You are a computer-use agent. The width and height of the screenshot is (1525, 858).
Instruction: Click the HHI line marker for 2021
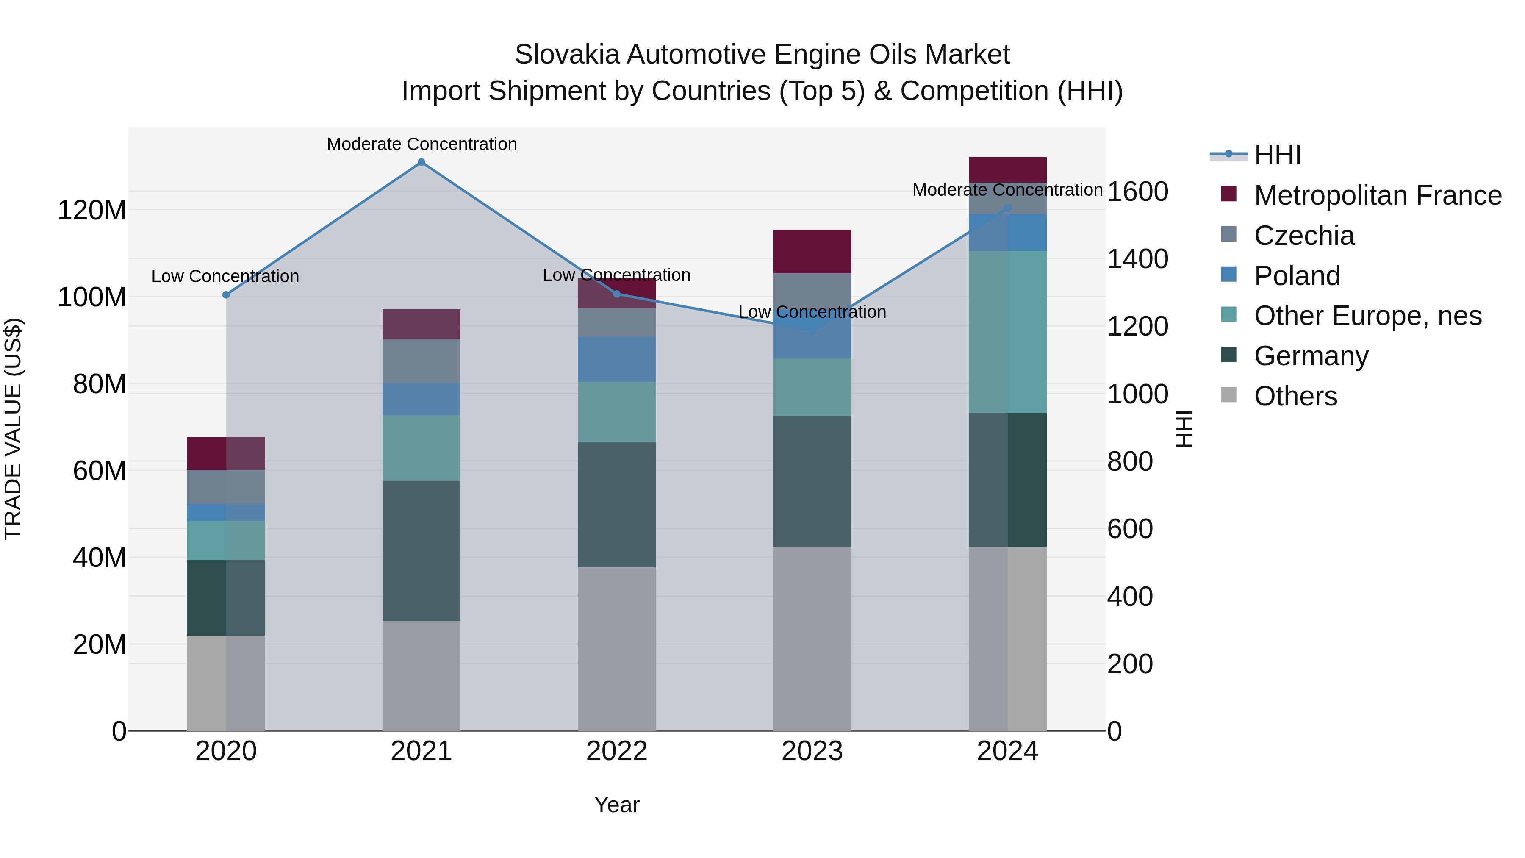point(421,162)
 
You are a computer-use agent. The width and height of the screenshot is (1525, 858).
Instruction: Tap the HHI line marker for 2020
point(225,295)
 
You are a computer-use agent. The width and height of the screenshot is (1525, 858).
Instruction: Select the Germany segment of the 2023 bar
point(812,481)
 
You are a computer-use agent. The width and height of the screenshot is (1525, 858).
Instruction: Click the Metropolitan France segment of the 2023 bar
point(812,252)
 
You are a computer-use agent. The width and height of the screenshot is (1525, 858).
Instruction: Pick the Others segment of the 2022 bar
point(616,648)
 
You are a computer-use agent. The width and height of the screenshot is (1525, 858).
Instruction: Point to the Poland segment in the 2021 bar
point(421,399)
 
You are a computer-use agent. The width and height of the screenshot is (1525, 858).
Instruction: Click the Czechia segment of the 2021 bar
point(421,361)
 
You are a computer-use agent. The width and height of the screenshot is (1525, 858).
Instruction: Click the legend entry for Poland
point(1297,276)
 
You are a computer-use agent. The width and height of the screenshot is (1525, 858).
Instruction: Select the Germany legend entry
point(1311,356)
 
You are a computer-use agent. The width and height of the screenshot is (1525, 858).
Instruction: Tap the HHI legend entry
point(1277,155)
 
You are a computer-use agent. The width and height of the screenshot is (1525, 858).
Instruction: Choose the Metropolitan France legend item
point(1377,195)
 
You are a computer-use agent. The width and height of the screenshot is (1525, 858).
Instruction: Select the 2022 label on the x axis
point(616,751)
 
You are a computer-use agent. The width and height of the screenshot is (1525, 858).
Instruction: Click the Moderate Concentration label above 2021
point(421,144)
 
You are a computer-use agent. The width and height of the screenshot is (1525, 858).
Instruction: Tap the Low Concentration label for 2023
point(812,312)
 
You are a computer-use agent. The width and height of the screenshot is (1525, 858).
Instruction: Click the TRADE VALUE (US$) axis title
point(13,429)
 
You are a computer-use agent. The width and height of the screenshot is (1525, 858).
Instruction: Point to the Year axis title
point(616,805)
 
